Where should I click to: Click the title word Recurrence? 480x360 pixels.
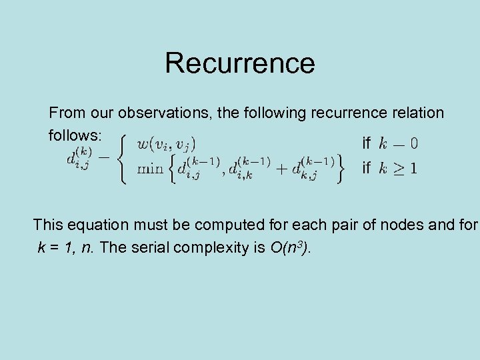[239, 63]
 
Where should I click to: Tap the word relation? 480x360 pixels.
[414, 113]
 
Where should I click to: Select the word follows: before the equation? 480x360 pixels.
[75, 135]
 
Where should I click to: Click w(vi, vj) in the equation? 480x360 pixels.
[166, 143]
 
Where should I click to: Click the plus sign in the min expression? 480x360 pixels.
[283, 168]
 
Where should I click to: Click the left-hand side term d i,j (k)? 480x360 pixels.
[79, 159]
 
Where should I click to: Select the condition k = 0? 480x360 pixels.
[399, 143]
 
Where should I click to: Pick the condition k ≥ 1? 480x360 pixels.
[399, 168]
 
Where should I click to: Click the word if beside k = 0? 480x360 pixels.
[366, 143]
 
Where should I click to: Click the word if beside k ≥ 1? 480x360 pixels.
[366, 168]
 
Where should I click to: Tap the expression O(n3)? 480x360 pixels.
[290, 249]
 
